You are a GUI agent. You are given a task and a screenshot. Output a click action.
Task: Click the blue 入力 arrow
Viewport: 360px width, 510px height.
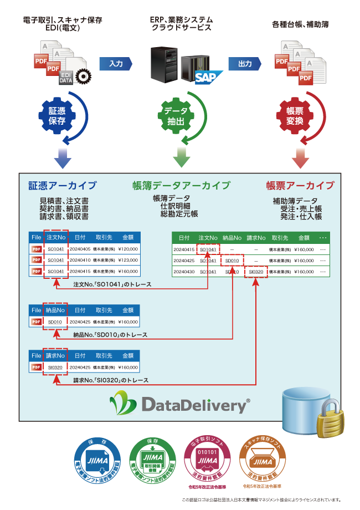(116, 64)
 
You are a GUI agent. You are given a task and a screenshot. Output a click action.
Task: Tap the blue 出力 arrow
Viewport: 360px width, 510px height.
(245, 64)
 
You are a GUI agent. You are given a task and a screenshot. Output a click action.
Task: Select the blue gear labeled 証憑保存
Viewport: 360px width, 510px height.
(58, 115)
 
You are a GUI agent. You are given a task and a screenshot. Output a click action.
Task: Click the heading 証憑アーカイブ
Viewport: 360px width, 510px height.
(63, 185)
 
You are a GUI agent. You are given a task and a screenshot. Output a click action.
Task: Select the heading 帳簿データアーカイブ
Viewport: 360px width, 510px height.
(181, 185)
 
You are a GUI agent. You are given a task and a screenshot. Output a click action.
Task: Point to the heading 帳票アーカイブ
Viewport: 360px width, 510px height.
(300, 185)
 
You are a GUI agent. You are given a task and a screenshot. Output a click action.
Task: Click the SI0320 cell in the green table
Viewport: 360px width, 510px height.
(256, 272)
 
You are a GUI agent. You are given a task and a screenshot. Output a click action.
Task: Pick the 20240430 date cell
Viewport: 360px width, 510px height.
(183, 272)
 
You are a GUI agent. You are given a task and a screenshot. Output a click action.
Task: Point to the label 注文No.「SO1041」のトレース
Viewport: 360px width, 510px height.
(112, 284)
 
